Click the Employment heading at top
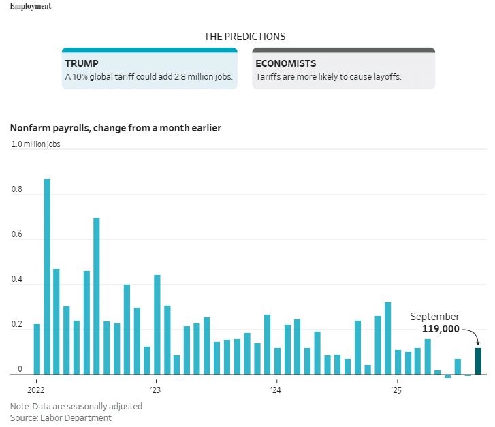pos(30,6)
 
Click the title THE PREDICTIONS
pos(244,37)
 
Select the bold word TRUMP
pos(82,63)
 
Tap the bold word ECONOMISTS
pos(285,63)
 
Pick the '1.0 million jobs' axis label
pos(35,144)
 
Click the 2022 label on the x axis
pos(35,390)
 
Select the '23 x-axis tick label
pos(155,390)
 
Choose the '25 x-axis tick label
pos(396,390)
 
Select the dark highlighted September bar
pos(478,362)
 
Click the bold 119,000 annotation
pos(441,329)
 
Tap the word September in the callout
pos(434,317)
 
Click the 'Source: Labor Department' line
pos(61,417)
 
